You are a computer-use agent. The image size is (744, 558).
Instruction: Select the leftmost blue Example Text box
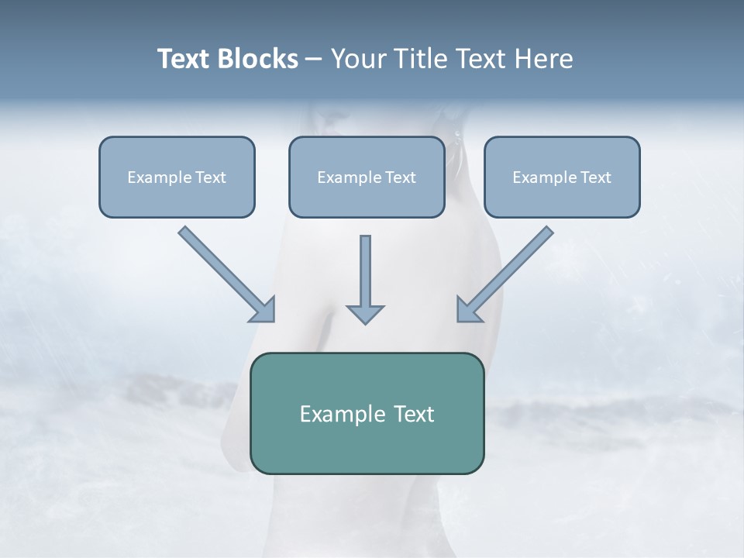click(177, 177)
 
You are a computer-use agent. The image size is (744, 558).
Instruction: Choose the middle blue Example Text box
click(367, 177)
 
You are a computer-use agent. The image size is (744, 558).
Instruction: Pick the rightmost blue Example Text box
click(562, 177)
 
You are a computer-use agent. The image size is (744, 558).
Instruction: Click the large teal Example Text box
click(367, 413)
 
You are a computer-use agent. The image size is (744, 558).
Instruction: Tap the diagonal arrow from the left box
click(225, 272)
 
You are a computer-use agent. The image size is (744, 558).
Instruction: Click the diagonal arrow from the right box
click(508, 272)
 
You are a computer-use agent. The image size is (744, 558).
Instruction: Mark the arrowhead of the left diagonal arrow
click(263, 310)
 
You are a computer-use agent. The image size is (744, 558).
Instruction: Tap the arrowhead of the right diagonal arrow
click(469, 310)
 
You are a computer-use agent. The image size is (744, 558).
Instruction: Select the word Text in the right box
click(596, 177)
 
